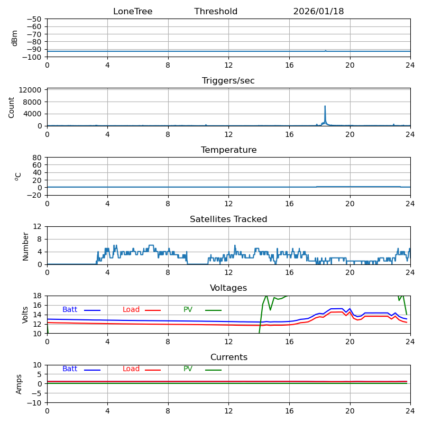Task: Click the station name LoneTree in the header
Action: click(133, 12)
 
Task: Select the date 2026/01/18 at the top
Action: click(318, 12)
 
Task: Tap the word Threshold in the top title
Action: click(216, 12)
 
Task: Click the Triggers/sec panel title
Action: click(228, 81)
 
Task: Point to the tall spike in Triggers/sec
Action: click(325, 107)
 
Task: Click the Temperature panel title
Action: click(228, 150)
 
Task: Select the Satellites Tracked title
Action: click(228, 219)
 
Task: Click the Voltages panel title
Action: click(228, 288)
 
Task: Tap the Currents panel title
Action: click(228, 357)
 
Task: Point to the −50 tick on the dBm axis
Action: click(34, 19)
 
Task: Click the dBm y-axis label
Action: click(15, 38)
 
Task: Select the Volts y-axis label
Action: click(25, 315)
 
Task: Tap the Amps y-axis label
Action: click(19, 384)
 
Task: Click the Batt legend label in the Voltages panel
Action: click(70, 310)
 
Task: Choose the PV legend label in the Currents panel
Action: click(188, 369)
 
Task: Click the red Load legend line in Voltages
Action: click(153, 310)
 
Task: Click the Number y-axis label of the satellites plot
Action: click(25, 246)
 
